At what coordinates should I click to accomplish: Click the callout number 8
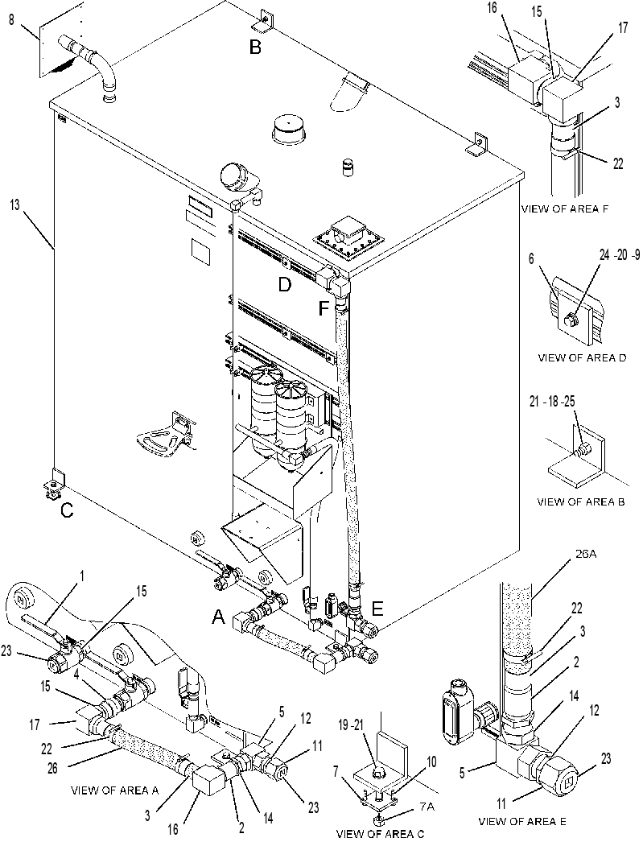11,22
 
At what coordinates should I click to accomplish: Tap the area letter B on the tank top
255,47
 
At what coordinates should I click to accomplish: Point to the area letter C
67,510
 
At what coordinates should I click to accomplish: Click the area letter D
284,285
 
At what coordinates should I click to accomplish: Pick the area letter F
324,309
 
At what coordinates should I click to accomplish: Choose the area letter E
377,609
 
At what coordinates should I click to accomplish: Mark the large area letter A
218,618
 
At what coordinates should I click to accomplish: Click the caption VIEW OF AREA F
565,209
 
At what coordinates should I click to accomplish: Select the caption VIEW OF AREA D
582,357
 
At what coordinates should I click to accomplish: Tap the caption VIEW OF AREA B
581,502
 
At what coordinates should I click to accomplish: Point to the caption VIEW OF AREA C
380,833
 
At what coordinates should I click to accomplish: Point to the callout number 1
82,575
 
